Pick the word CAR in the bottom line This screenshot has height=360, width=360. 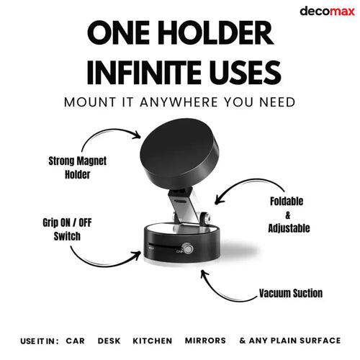point(76,341)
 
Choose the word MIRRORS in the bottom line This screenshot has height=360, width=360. point(204,341)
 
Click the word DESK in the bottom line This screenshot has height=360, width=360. point(109,341)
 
